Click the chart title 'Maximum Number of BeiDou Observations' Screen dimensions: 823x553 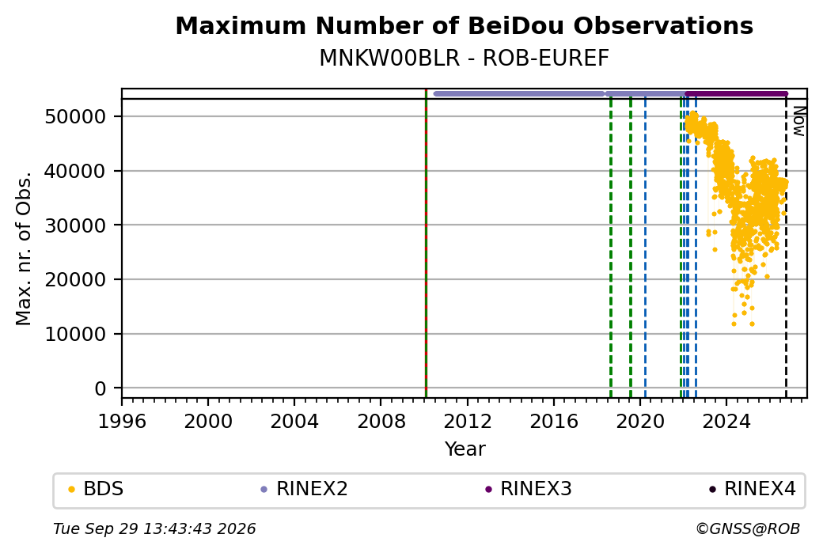pyautogui.click(x=464, y=26)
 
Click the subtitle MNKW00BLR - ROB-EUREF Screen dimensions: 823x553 pyautogui.click(x=464, y=59)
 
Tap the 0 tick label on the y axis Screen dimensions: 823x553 pyautogui.click(x=101, y=388)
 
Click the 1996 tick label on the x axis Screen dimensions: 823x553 pyautogui.click(x=122, y=422)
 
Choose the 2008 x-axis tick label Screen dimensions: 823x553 pyautogui.click(x=381, y=422)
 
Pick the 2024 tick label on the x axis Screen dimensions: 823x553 pyautogui.click(x=726, y=422)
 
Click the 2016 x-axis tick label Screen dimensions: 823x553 pyautogui.click(x=554, y=422)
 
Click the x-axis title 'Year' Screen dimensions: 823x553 pyautogui.click(x=465, y=449)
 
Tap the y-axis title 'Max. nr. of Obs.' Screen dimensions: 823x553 pyautogui.click(x=24, y=248)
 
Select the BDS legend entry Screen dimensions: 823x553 pyautogui.click(x=97, y=489)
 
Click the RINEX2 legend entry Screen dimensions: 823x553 pyautogui.click(x=305, y=489)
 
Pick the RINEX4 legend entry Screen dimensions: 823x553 pyautogui.click(x=753, y=489)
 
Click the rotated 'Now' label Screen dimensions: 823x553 pyautogui.click(x=798, y=121)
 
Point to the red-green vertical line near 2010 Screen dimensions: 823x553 pyautogui.click(x=426, y=244)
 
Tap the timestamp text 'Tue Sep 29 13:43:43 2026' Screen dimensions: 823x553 pyautogui.click(x=154, y=528)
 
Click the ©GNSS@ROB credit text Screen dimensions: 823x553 pyautogui.click(x=748, y=528)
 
